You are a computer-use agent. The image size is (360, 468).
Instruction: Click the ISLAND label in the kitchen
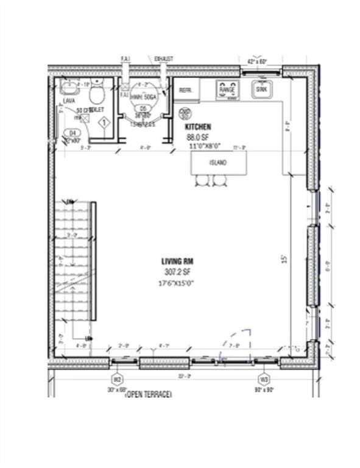click(x=218, y=163)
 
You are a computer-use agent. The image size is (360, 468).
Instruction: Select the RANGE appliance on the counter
click(x=227, y=90)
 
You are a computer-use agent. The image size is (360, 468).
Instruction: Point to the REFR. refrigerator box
click(x=185, y=90)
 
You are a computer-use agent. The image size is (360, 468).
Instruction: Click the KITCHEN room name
click(x=198, y=127)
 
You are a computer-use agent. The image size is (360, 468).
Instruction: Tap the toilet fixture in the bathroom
click(x=96, y=93)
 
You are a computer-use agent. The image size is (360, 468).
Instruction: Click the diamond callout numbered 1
click(x=104, y=122)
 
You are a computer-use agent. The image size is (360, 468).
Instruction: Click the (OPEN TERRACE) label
click(x=148, y=395)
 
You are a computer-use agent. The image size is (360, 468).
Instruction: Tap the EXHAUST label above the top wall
click(x=164, y=59)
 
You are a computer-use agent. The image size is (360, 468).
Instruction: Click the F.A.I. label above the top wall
click(x=127, y=59)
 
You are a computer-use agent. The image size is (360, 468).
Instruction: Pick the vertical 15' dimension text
click(x=283, y=259)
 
